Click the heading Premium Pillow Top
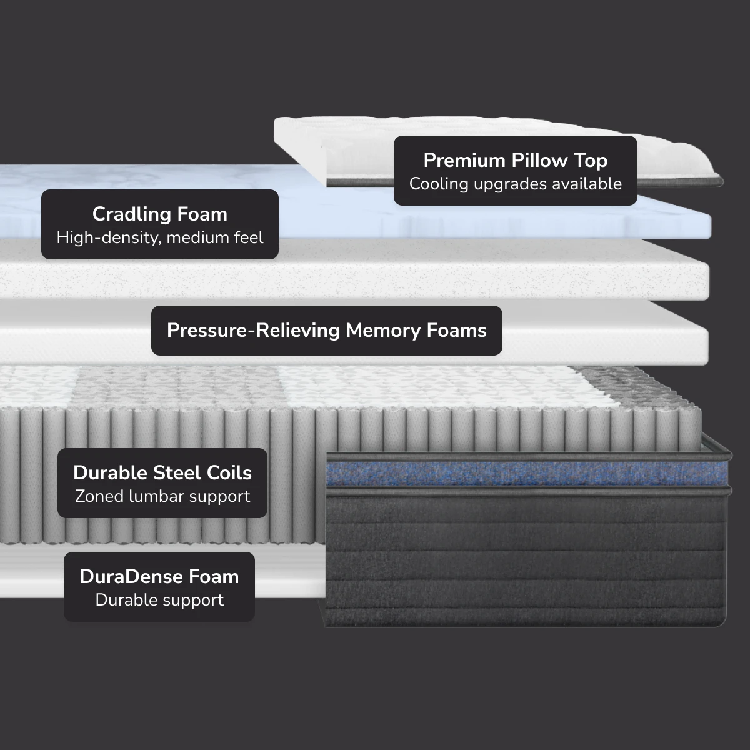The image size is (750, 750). [515, 161]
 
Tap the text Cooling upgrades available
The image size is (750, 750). [515, 184]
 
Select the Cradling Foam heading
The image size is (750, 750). [159, 214]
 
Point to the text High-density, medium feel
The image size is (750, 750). [159, 238]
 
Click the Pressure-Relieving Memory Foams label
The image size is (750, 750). [326, 331]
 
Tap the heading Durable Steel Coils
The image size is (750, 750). [162, 473]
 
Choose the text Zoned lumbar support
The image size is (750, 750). [162, 497]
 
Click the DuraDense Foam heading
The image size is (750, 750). [159, 577]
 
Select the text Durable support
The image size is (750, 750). [159, 601]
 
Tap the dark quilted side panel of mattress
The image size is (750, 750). [525, 556]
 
